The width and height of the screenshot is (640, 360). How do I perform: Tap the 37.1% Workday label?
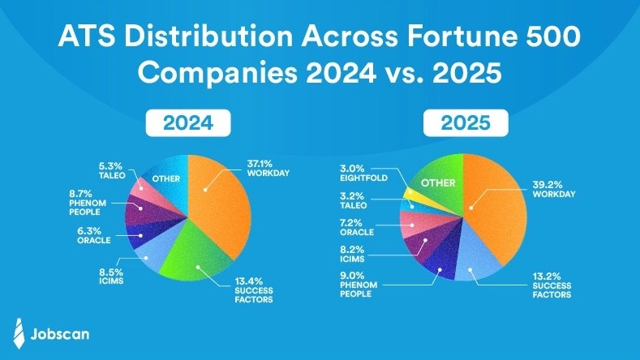(268, 168)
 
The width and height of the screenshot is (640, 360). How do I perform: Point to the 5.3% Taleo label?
(112, 170)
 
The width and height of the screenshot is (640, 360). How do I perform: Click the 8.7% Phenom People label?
(88, 203)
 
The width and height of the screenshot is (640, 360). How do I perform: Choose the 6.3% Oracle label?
(93, 235)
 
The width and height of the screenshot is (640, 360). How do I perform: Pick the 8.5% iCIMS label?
(111, 276)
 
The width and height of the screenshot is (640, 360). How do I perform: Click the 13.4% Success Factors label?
(253, 290)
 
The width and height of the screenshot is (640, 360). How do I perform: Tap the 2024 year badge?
(188, 123)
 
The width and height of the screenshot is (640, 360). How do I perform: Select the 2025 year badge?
(466, 123)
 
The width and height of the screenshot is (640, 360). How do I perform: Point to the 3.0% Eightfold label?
(363, 173)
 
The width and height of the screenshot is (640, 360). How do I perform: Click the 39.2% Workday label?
(554, 189)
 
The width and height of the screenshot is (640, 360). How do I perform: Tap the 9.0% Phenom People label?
(359, 285)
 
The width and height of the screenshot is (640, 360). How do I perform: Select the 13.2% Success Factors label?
(552, 285)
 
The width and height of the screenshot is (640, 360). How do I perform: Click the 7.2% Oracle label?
(357, 227)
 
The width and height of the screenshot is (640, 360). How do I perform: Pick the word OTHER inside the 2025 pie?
(438, 183)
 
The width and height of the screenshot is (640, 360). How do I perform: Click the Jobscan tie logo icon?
(19, 333)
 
